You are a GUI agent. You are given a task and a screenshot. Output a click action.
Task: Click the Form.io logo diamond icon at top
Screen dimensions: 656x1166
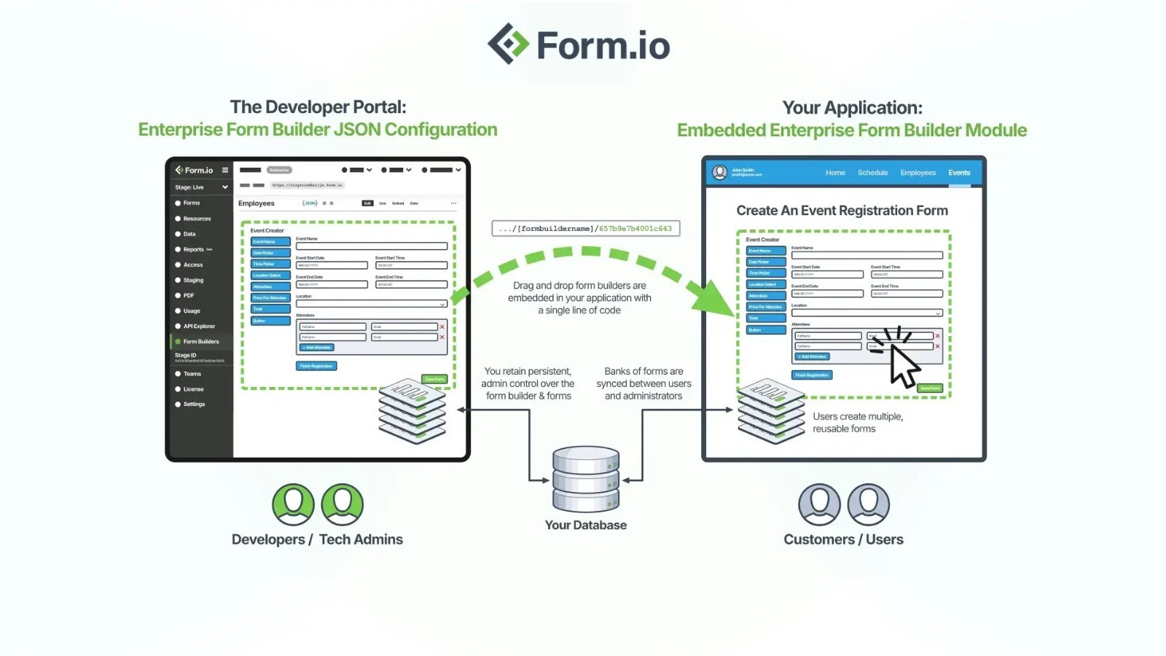508,44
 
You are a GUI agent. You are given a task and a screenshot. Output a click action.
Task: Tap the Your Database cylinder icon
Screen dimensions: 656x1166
586,479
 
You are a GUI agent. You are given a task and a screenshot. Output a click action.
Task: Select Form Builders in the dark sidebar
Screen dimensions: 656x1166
200,341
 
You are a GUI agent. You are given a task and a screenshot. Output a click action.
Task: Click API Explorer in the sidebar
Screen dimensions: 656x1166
198,326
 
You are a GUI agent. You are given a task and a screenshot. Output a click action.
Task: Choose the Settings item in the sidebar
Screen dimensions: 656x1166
194,404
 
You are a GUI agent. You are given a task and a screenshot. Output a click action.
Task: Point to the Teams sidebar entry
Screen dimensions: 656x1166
192,374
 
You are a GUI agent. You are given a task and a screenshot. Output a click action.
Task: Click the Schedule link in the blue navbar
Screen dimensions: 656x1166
872,173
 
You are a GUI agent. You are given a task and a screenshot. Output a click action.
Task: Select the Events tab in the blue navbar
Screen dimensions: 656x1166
959,173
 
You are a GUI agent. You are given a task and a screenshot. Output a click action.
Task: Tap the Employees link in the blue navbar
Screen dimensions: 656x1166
917,173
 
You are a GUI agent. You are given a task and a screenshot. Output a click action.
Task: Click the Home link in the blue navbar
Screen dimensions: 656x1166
835,173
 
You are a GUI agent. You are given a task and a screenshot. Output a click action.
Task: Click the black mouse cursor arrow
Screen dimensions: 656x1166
904,366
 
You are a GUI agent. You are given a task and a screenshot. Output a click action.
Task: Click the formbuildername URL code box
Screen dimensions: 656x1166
585,228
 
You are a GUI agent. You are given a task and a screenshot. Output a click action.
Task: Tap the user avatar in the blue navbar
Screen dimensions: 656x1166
719,172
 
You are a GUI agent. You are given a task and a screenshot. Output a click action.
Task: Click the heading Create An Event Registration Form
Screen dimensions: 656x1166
842,211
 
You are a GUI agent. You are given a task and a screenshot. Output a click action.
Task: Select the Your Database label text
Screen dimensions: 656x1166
585,525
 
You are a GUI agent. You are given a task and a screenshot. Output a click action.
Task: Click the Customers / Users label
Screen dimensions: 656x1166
843,539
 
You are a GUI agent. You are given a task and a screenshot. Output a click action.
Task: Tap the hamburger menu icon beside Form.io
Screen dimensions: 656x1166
225,170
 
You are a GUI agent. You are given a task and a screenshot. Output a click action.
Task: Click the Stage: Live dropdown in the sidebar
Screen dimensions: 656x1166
200,187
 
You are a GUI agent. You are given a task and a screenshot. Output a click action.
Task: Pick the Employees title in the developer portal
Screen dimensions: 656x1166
256,203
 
